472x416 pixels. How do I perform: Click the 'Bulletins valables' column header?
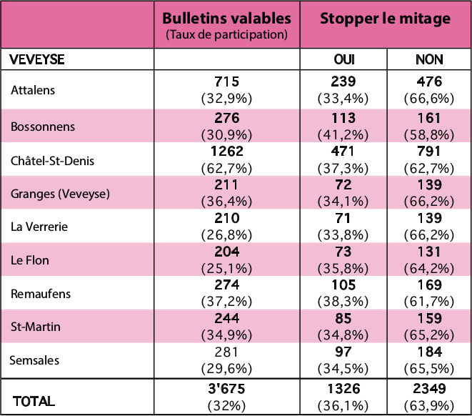[227, 18]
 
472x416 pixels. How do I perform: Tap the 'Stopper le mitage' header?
[385, 19]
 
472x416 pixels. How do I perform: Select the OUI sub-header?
[343, 60]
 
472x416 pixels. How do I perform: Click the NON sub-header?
[428, 60]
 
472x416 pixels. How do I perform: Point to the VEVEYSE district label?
[36, 60]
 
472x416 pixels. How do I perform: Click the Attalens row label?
[33, 89]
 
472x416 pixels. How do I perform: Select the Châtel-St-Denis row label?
[53, 160]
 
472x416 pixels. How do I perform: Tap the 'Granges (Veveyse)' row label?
[59, 194]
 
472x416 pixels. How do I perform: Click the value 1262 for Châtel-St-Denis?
[227, 152]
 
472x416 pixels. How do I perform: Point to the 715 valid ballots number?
[227, 82]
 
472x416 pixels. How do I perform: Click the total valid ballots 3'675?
[227, 390]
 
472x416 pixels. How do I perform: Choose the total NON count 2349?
[428, 390]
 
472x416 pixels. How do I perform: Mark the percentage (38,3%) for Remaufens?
[343, 300]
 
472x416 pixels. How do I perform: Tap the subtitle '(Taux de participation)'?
[227, 34]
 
